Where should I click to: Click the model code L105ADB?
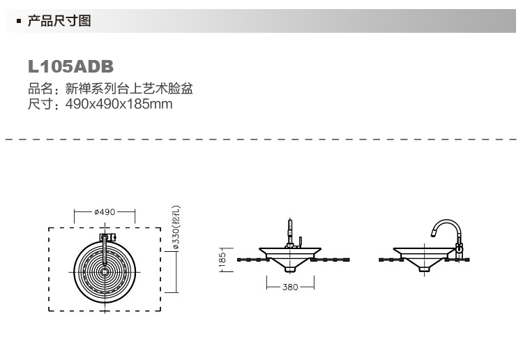coord(70,67)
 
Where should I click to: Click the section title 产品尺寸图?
coord(59,21)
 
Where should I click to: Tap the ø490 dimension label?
coord(105,211)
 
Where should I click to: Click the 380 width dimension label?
coord(290,286)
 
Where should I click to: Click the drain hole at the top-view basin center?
coord(105,269)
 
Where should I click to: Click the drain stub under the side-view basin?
coord(423,266)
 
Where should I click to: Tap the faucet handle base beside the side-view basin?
coord(460,250)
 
